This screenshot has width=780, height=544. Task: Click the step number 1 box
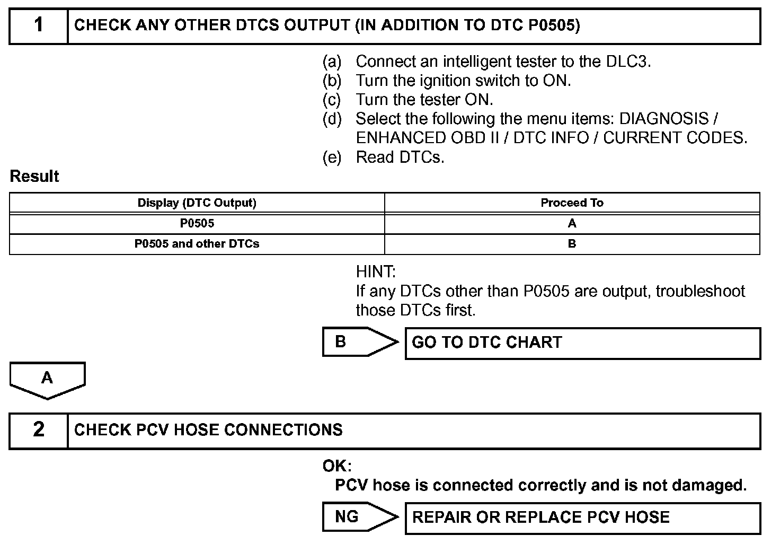[39, 25]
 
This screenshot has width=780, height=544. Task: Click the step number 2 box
[39, 430]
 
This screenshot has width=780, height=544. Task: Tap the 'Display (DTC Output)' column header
[197, 203]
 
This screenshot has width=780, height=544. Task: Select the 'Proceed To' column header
[572, 203]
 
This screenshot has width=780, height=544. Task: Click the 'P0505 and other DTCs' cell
[197, 244]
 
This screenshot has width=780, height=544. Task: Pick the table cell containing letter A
[572, 224]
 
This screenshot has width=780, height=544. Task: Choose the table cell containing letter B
[572, 244]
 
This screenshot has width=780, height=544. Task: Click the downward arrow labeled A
[47, 380]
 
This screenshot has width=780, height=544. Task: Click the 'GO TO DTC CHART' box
[582, 343]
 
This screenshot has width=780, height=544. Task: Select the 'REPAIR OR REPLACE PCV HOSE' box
[582, 518]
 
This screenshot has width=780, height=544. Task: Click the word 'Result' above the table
[34, 177]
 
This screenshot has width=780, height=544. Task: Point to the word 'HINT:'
[376, 272]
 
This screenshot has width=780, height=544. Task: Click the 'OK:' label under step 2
[337, 467]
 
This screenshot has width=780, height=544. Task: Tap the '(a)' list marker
[332, 62]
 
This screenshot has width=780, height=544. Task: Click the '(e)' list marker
[332, 157]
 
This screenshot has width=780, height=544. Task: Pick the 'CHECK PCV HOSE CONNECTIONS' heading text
[208, 430]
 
